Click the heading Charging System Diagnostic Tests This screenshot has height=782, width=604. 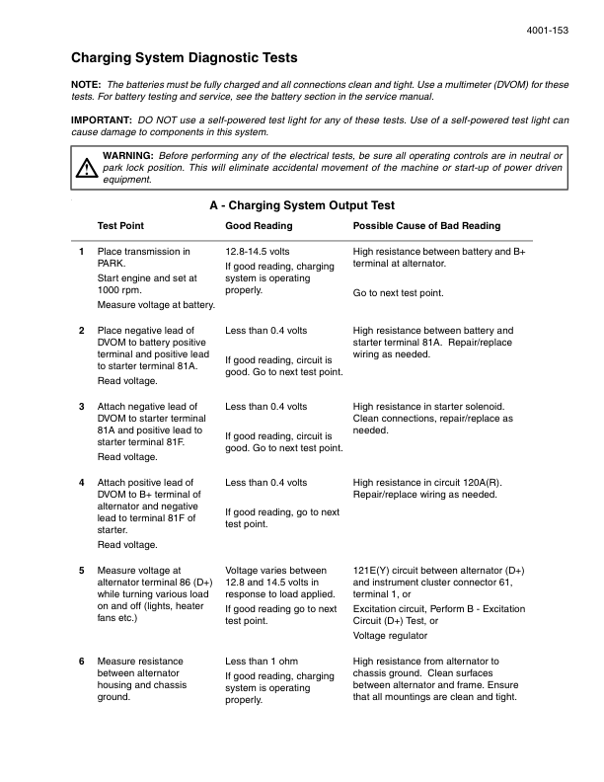click(185, 58)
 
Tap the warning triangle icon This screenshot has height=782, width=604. click(87, 168)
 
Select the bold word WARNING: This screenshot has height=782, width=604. click(127, 156)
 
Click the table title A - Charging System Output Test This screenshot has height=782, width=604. click(302, 205)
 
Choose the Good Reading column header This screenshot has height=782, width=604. click(259, 226)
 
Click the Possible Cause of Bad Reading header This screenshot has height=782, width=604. click(426, 226)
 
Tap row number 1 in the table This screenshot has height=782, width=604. click(81, 253)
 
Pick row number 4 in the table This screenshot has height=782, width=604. click(81, 483)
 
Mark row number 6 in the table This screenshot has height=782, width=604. click(81, 661)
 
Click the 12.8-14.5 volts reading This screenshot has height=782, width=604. click(258, 253)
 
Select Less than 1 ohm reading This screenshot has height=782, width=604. click(262, 661)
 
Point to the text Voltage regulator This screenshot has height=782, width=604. click(391, 636)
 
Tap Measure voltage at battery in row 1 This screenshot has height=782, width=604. click(156, 305)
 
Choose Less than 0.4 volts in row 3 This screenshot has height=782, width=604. click(265, 406)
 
